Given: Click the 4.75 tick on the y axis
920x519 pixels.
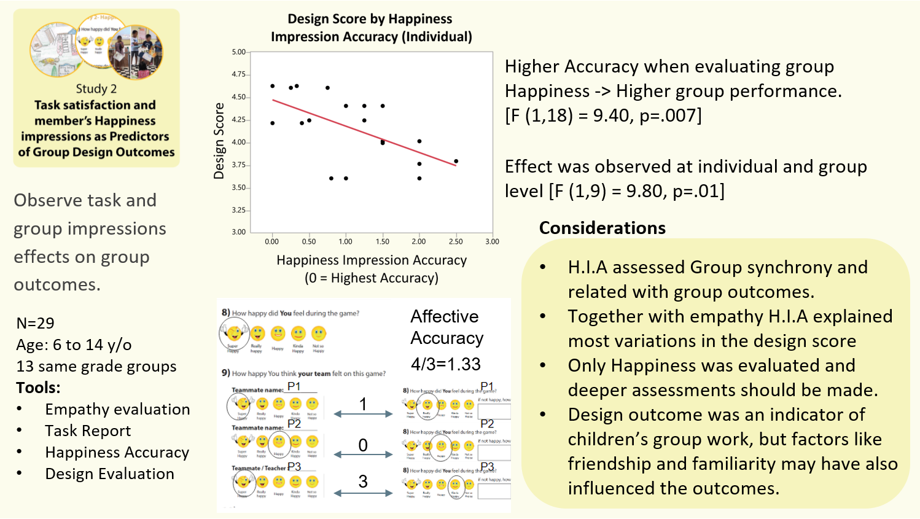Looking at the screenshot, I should pyautogui.click(x=239, y=74).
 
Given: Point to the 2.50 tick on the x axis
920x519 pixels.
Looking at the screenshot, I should pyautogui.click(x=456, y=241).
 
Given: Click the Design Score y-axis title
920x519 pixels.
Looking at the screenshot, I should pyautogui.click(x=219, y=141).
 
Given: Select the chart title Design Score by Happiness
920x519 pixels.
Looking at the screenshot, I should pyautogui.click(x=370, y=19).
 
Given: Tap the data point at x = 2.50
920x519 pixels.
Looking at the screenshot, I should pyautogui.click(x=456, y=162).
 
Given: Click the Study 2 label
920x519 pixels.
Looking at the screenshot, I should pyautogui.click(x=96, y=89).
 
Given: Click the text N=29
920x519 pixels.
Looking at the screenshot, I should pyautogui.click(x=36, y=323).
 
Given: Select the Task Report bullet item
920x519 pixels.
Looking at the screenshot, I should pyautogui.click(x=88, y=431).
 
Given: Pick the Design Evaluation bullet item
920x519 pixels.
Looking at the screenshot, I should pyautogui.click(x=110, y=474).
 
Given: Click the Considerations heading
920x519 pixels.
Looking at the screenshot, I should pyautogui.click(x=602, y=228).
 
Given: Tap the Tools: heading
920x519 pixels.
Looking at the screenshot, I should pyautogui.click(x=38, y=388).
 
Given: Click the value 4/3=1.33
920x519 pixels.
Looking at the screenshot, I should pyautogui.click(x=446, y=364).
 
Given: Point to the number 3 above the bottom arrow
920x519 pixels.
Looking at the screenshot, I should pyautogui.click(x=363, y=482).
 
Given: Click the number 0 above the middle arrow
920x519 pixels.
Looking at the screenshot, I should pyautogui.click(x=363, y=445).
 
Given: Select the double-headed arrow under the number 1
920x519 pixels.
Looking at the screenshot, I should pyautogui.click(x=363, y=415).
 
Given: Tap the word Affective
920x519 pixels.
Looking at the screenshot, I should pyautogui.click(x=445, y=316).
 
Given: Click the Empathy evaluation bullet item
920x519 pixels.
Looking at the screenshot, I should pyautogui.click(x=117, y=409).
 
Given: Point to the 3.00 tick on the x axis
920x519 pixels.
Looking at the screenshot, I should pyautogui.click(x=492, y=241).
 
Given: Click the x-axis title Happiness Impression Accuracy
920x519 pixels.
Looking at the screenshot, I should pyautogui.click(x=372, y=260).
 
